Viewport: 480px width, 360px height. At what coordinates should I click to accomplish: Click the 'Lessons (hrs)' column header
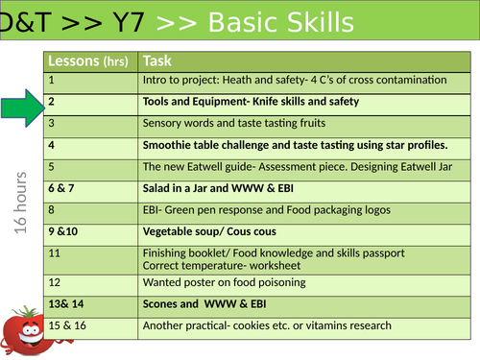[90, 60]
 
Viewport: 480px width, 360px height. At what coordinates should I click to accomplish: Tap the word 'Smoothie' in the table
[170, 145]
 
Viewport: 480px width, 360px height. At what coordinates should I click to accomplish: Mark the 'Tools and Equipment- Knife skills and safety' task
[251, 102]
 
